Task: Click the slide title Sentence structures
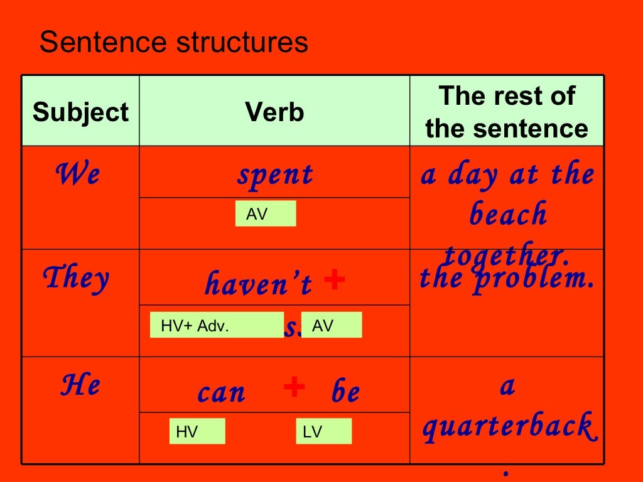173,43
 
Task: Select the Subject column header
80,113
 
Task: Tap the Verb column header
274,113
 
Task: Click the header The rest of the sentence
507,112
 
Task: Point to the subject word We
77,173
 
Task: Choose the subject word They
75,277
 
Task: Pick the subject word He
80,384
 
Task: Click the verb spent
274,174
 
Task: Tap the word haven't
258,284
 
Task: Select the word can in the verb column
222,392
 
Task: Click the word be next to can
345,392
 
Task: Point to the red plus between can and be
294,387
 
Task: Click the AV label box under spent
266,214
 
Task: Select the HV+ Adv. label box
217,325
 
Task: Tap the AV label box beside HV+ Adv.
332,325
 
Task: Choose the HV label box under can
197,431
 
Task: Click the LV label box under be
323,431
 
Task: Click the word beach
508,215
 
